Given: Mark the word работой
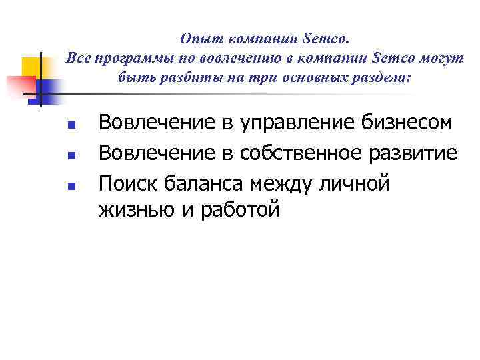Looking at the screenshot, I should [236, 211].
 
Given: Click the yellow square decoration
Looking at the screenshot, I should [31, 67].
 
